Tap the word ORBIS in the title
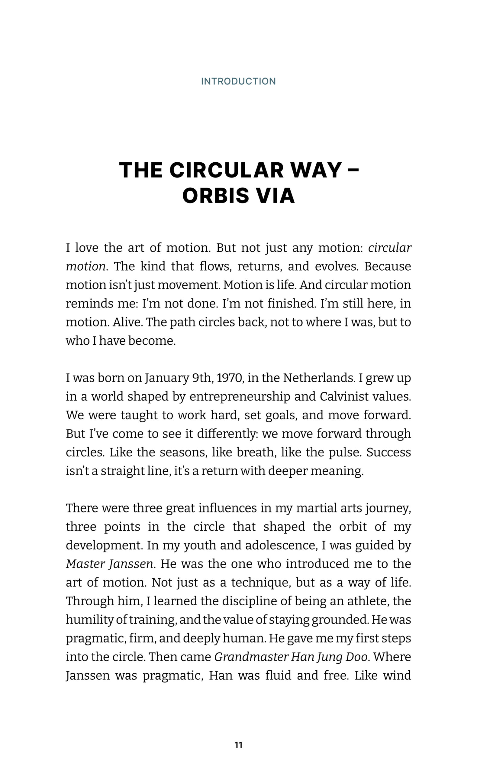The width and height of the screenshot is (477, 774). pos(216,196)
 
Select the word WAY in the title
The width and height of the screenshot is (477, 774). pos(316,170)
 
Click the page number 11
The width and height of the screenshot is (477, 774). pos(239,745)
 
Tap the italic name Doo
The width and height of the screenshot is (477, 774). pos(356,657)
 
